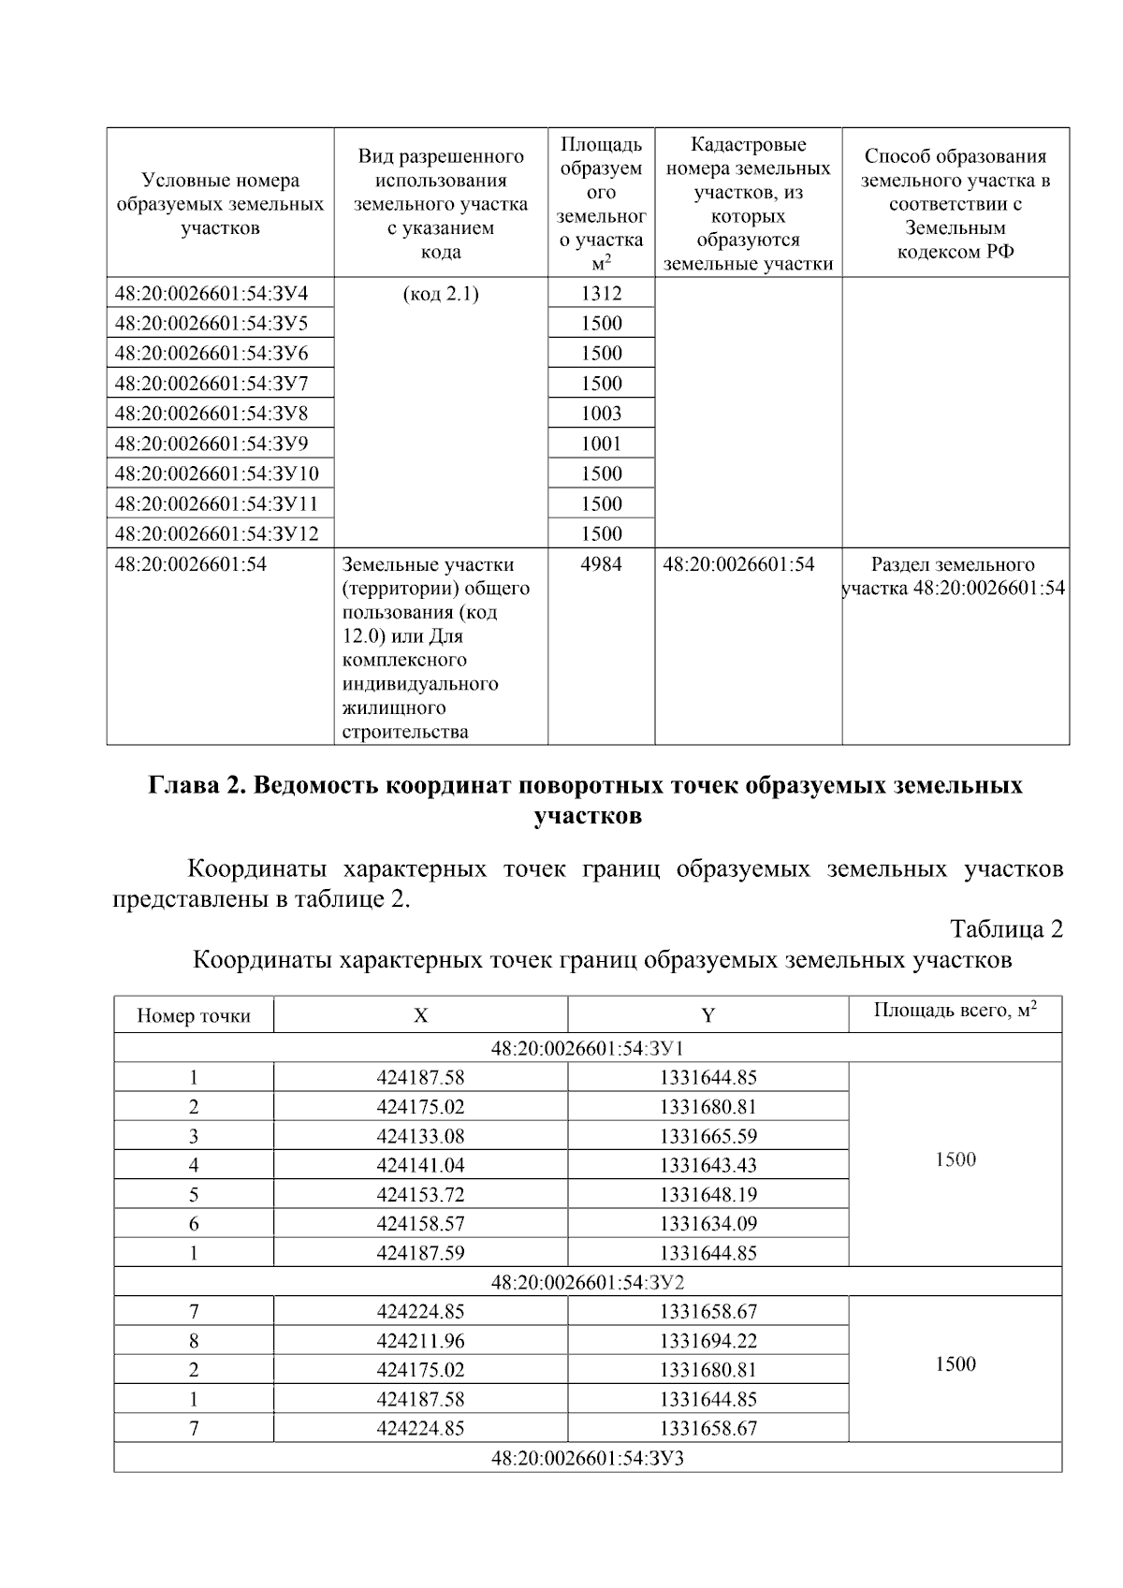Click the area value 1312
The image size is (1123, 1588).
[601, 294]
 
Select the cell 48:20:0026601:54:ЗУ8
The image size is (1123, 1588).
[211, 414]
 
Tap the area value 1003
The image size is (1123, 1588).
[601, 414]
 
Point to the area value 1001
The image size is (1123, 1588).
[601, 444]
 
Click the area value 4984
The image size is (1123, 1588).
[601, 564]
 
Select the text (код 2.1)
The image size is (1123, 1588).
[441, 294]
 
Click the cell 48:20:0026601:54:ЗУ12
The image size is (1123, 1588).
[217, 533]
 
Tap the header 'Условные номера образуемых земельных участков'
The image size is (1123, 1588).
[220, 204]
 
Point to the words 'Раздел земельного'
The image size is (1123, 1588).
[953, 564]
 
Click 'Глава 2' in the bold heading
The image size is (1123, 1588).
[194, 785]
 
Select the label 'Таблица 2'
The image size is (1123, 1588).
[1006, 929]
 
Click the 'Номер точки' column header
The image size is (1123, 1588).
[194, 1016]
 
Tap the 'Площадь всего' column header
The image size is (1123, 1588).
[955, 1011]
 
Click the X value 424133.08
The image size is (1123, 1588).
[420, 1136]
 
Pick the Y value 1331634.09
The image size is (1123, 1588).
[707, 1224]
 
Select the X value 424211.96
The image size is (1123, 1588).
[420, 1341]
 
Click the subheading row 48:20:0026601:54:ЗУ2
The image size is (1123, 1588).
[588, 1282]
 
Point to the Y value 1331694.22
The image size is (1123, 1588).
[707, 1341]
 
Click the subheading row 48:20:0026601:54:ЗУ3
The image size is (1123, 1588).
[588, 1458]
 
